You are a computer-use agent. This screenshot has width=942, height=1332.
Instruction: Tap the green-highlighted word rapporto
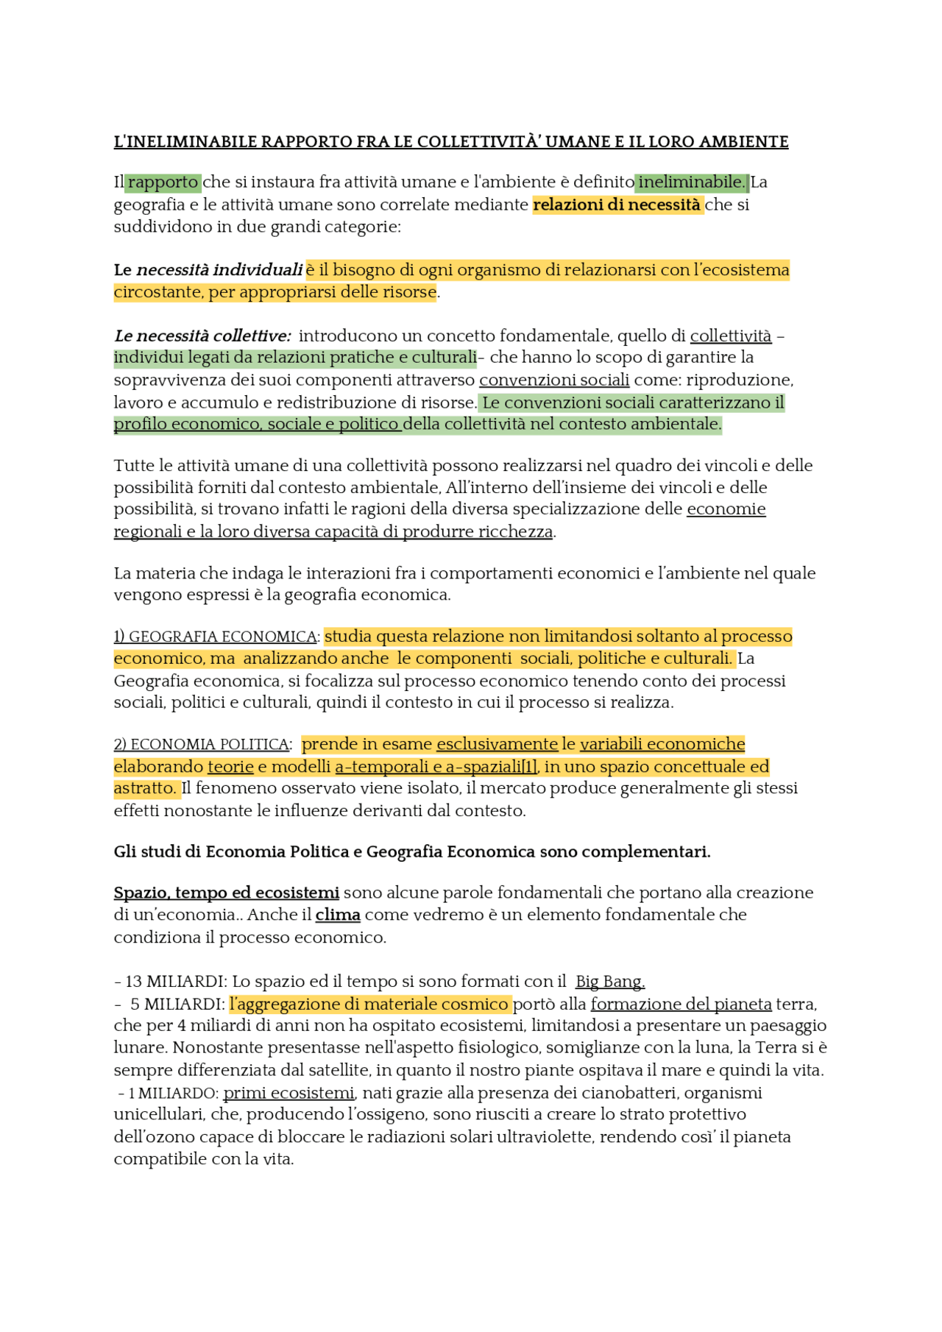click(163, 182)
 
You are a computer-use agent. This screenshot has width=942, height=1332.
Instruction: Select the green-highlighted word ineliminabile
click(692, 182)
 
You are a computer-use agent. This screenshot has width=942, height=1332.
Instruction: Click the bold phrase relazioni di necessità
click(617, 205)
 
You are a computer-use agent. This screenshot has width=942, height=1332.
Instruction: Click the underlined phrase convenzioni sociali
click(554, 380)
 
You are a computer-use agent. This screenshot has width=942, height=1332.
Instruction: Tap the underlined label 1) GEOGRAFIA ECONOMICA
click(215, 637)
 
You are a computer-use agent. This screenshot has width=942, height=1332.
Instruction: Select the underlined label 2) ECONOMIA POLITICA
click(201, 745)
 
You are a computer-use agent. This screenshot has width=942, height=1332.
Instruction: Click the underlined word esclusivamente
click(497, 744)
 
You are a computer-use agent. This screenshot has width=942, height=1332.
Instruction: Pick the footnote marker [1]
click(529, 767)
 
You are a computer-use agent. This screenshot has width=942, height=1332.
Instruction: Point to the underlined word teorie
click(230, 767)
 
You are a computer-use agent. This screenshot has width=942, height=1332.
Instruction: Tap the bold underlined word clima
click(338, 915)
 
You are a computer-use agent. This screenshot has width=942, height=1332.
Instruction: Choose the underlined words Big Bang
click(610, 982)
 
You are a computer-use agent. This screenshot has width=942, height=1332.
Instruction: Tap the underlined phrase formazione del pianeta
click(681, 1005)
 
